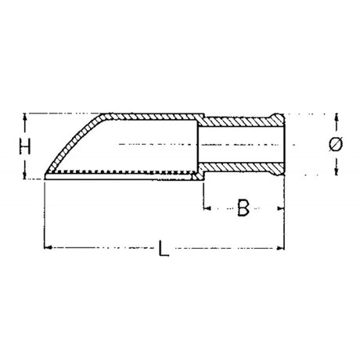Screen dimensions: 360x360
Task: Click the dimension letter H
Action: pos(25,146)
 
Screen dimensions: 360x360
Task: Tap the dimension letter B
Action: pos(243,207)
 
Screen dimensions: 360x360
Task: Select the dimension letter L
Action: pos(164,248)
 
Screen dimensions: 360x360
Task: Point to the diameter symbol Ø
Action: pos(336,144)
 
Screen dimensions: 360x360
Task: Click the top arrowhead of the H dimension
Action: pos(25,117)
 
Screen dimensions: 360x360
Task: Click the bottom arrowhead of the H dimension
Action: pos(25,176)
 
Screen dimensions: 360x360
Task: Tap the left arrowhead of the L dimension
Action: pos(48,247)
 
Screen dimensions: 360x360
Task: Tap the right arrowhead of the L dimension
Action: pos(281,247)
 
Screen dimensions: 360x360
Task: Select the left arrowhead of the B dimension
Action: pos(207,208)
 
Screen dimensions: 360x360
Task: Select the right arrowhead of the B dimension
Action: pos(281,208)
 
